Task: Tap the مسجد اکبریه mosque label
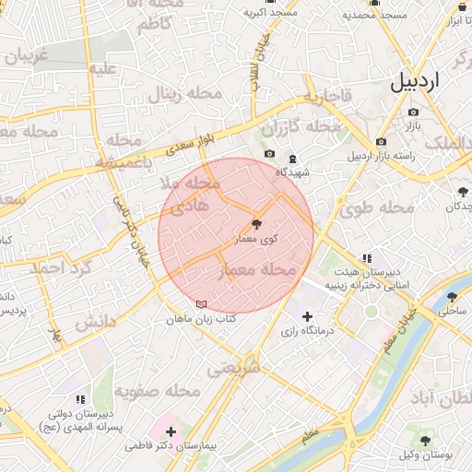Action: pyautogui.click(x=270, y=14)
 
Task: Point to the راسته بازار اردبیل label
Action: pyautogui.click(x=381, y=156)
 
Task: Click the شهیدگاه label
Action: pyautogui.click(x=293, y=171)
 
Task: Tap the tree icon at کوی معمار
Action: pyautogui.click(x=256, y=224)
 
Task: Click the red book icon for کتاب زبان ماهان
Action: pyautogui.click(x=202, y=304)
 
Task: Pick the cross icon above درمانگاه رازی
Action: pyautogui.click(x=307, y=316)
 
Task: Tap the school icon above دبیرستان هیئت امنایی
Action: pyautogui.click(x=367, y=258)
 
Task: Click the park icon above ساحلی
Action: pyautogui.click(x=452, y=297)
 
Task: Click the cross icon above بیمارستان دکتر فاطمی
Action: pyautogui.click(x=171, y=431)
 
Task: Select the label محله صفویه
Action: pyautogui.click(x=157, y=392)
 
